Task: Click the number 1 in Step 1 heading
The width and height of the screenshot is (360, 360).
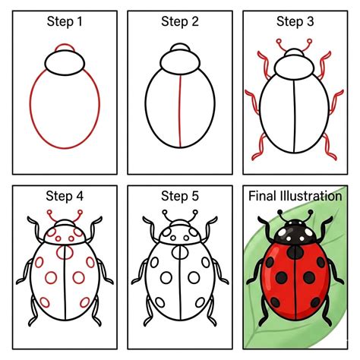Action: click(91, 22)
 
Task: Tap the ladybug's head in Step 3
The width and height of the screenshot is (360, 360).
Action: click(293, 69)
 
